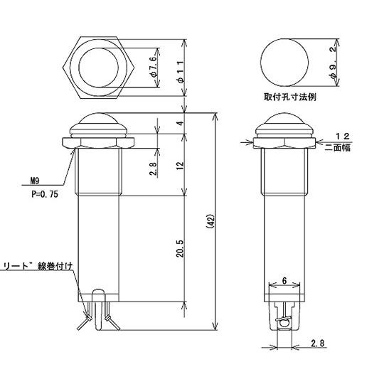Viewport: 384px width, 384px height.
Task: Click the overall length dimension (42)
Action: point(209,222)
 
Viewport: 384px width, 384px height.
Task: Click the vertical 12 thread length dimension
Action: point(180,165)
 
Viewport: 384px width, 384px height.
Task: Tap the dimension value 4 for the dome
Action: point(180,124)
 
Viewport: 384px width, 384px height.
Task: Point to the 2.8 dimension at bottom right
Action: point(317,344)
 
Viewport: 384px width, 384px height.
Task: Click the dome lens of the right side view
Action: point(282,119)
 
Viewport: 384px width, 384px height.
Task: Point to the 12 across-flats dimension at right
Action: point(341,135)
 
